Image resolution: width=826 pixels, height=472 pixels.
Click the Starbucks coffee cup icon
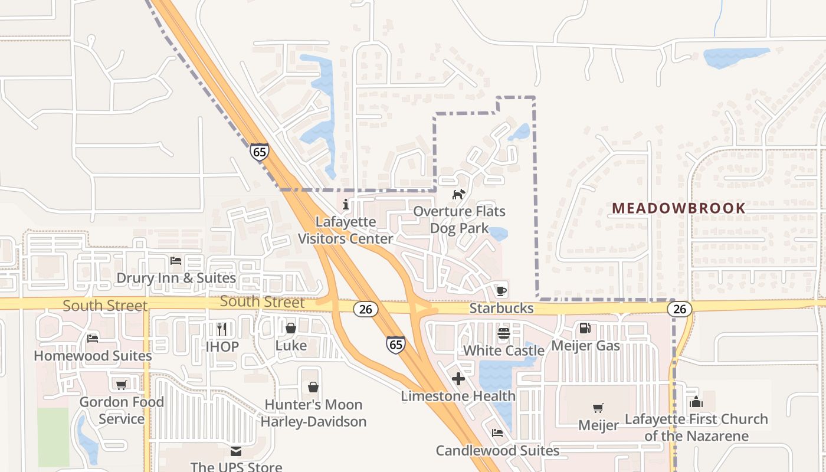(x=501, y=290)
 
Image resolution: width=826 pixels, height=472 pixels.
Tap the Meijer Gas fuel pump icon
(x=585, y=328)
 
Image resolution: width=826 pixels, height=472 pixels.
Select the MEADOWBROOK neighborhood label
(x=678, y=208)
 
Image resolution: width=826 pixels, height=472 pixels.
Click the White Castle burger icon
(x=503, y=333)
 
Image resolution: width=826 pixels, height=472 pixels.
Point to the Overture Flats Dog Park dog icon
(x=458, y=194)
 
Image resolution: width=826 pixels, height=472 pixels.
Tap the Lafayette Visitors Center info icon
(x=345, y=205)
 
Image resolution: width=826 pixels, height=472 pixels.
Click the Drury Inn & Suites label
(x=176, y=278)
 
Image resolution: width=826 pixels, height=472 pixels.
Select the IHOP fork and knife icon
(x=222, y=329)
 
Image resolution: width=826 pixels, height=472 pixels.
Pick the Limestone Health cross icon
(x=458, y=379)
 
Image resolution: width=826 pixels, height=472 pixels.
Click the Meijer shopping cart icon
(x=598, y=408)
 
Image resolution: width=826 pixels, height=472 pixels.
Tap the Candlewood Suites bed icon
(x=497, y=433)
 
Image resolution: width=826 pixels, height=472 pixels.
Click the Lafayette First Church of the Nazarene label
(x=696, y=428)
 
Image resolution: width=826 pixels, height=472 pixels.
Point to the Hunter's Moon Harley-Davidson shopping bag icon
(x=313, y=387)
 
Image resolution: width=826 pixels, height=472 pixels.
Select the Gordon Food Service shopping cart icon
(x=121, y=385)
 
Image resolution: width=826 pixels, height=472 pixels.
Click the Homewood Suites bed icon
(x=93, y=339)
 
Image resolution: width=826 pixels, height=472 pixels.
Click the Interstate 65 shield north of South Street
(x=259, y=151)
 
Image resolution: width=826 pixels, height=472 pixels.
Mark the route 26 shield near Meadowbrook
(x=680, y=309)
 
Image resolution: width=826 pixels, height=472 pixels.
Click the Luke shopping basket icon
(x=291, y=328)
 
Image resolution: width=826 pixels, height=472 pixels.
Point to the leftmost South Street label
(x=105, y=306)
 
